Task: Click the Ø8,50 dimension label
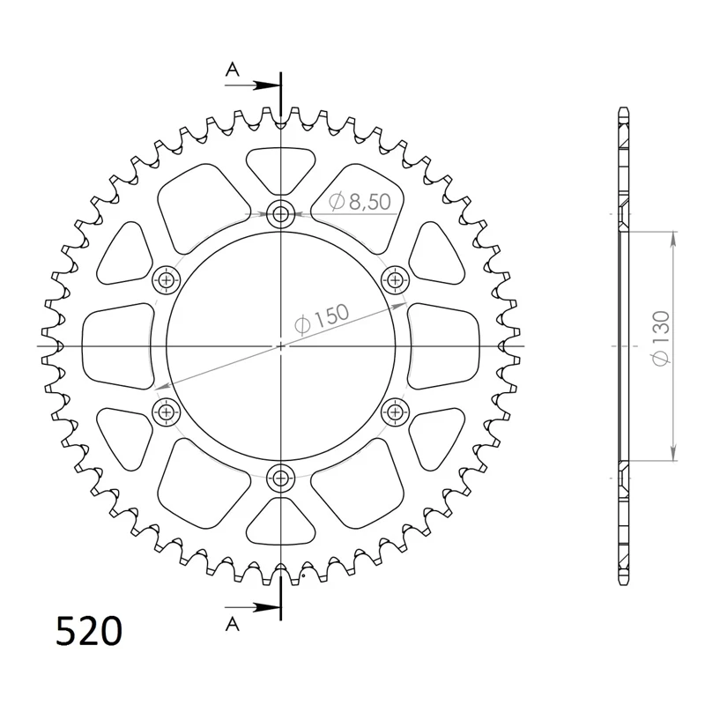pos(360,203)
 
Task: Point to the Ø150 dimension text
pos(321,320)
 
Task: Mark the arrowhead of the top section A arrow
pos(272,85)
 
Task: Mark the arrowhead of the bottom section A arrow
pos(272,607)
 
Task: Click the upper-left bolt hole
pos(166,280)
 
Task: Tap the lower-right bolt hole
pos(397,411)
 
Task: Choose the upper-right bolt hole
pos(397,280)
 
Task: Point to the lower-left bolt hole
pos(166,411)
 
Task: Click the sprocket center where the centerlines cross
pos(281,345)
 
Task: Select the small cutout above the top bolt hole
pos(281,167)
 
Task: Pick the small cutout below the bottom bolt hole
pos(281,525)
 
